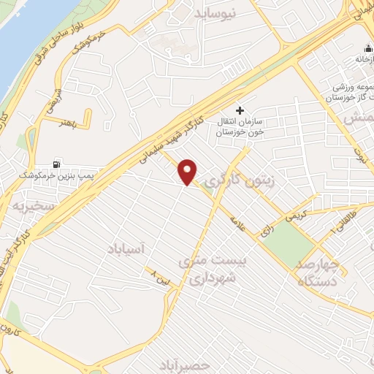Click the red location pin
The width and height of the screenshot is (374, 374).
(x=188, y=170)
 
